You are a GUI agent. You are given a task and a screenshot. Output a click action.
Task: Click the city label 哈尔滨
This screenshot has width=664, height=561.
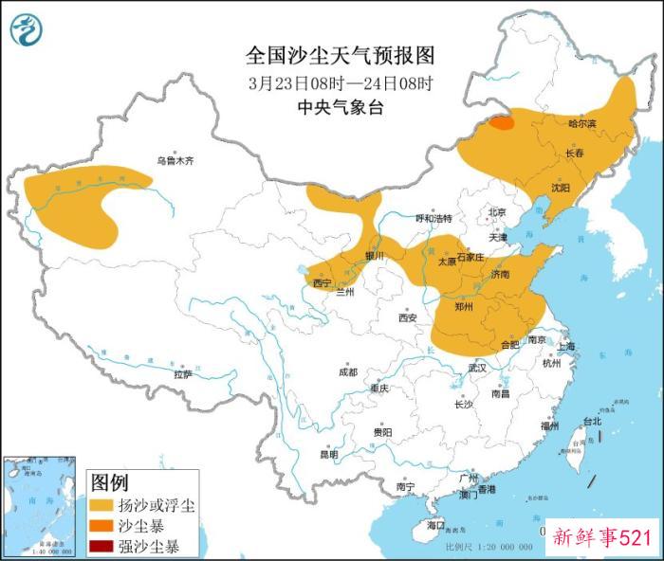pyautogui.click(x=581, y=123)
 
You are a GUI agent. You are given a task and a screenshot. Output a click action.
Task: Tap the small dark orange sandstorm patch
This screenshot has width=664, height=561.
pyautogui.click(x=502, y=122)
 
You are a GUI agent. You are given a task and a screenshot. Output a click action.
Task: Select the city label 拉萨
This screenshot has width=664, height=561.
pyautogui.click(x=183, y=374)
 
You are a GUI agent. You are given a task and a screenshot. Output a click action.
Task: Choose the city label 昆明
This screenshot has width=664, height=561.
pyautogui.click(x=328, y=454)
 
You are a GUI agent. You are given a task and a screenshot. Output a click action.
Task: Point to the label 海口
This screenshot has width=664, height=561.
pyautogui.click(x=435, y=524)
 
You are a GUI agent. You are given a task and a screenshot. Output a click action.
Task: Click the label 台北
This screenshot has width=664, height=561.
pyautogui.click(x=591, y=421)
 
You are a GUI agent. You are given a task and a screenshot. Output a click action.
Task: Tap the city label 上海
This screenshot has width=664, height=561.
pyautogui.click(x=567, y=347)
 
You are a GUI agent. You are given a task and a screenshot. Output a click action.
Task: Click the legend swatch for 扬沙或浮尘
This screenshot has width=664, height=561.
pyautogui.click(x=100, y=505)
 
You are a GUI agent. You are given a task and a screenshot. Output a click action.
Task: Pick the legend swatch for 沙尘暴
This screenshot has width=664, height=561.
pyautogui.click(x=100, y=525)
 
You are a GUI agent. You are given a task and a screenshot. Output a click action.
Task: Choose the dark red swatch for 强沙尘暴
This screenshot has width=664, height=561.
pyautogui.click(x=100, y=546)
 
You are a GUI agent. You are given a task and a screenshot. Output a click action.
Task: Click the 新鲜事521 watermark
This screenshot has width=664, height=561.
pyautogui.click(x=601, y=538)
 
